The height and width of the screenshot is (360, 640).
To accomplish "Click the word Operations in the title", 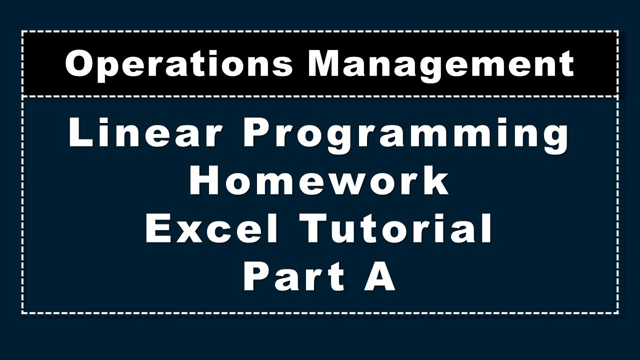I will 179,64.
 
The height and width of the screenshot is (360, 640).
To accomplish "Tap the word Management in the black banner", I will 440,64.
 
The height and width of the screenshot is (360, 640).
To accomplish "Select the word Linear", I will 145,134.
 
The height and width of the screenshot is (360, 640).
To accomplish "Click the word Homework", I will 319,181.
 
